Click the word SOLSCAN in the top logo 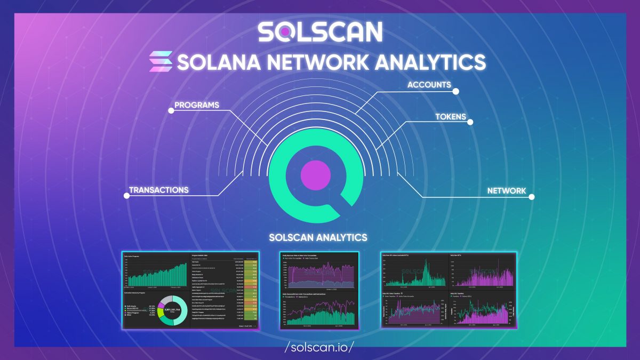(320, 32)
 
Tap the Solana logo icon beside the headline (161, 61)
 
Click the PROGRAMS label (197, 105)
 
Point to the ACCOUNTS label (429, 85)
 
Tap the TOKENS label (450, 116)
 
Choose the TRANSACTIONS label (159, 190)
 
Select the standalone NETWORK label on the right (506, 190)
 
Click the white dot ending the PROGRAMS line (171, 111)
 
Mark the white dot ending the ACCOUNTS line (455, 91)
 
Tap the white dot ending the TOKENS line (470, 122)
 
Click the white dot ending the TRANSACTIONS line (126, 196)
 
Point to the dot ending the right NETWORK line (531, 197)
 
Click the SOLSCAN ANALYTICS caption (318, 236)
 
